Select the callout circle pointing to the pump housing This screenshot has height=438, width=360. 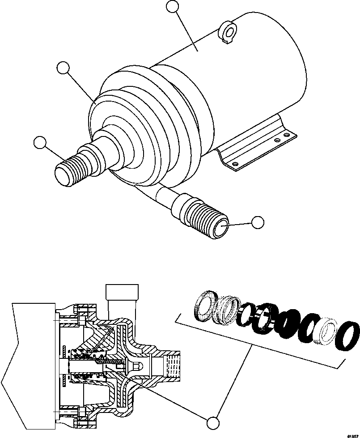63,68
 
